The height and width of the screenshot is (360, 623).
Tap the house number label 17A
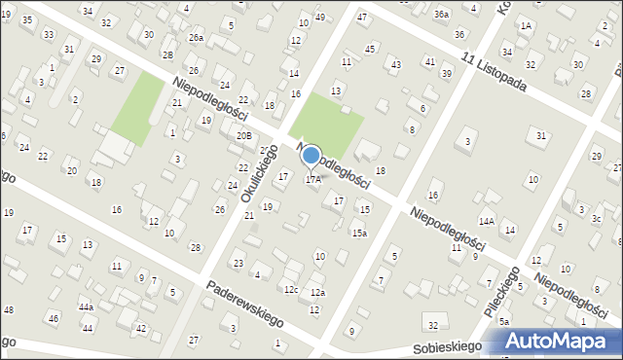313,179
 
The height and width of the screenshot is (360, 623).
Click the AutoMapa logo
562,341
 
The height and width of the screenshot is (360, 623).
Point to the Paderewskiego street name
243,306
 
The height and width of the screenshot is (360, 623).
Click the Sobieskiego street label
447,346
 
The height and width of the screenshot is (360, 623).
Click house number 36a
442,14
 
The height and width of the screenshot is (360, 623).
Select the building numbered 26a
196,38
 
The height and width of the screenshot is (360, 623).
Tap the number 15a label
359,233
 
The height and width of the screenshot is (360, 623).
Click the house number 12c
290,289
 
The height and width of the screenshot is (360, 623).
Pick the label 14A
486,222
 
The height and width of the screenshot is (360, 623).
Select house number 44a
86,306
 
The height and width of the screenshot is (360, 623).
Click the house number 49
320,18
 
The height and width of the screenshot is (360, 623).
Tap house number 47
362,17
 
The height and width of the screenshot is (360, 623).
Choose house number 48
9,309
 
